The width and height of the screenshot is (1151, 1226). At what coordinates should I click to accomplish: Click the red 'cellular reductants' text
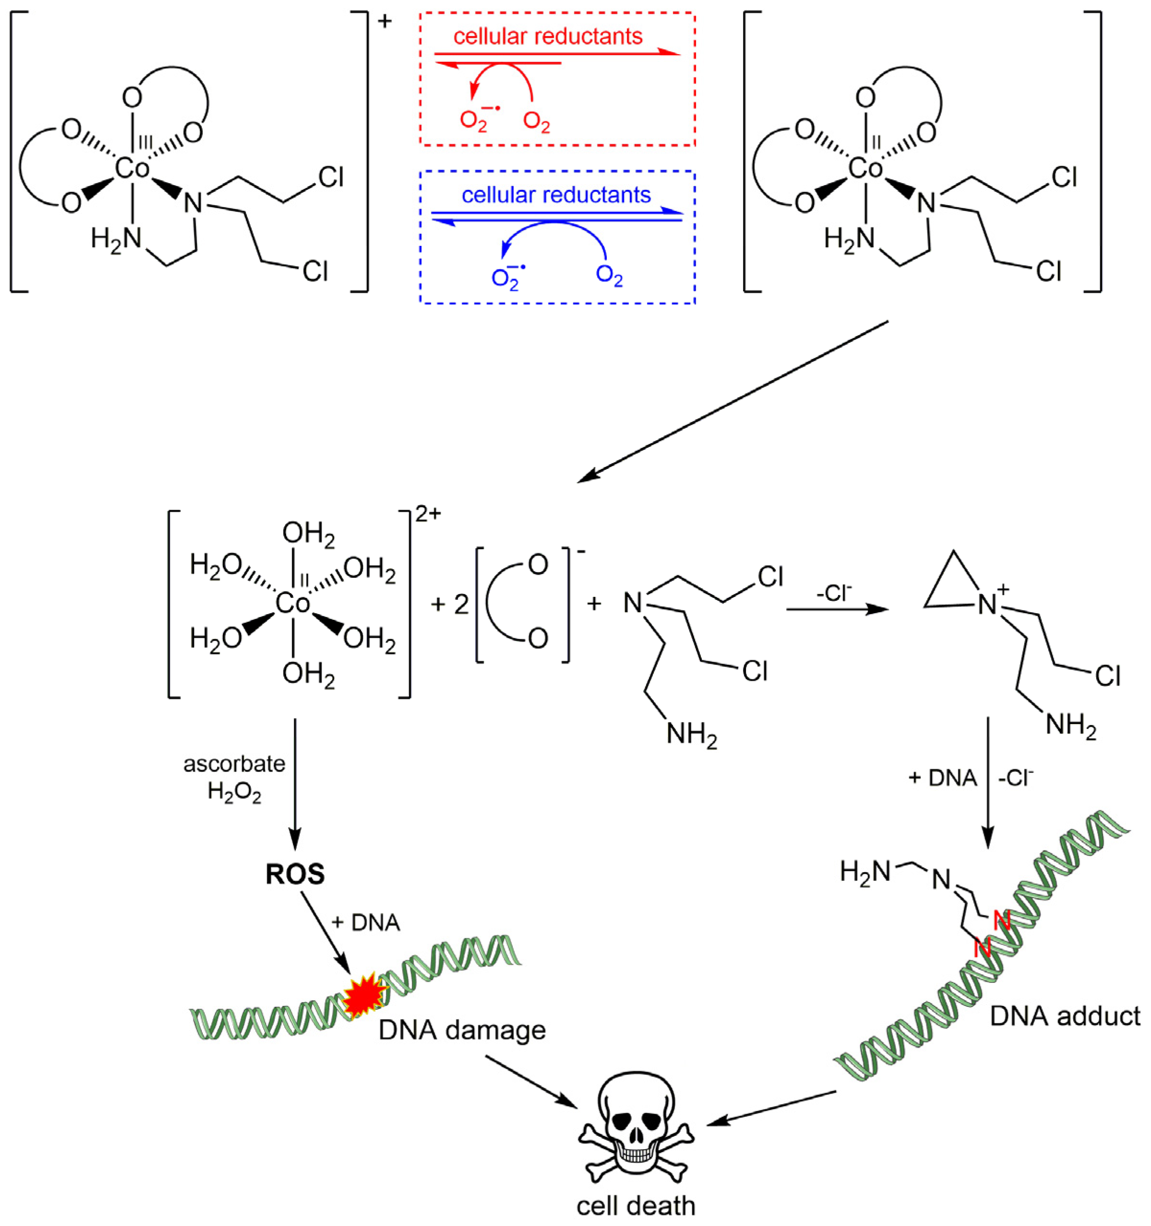(x=547, y=36)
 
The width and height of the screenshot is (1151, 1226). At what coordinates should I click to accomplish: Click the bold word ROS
(x=295, y=874)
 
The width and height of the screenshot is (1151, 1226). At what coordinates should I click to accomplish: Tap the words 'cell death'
(x=636, y=1206)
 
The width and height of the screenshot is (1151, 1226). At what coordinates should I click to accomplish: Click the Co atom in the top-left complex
(x=132, y=168)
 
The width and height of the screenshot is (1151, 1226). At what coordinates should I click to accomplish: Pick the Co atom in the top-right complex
(x=866, y=168)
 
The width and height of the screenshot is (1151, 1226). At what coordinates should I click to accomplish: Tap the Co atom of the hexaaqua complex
(x=293, y=603)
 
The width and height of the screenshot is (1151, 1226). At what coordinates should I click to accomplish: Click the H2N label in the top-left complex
(x=116, y=237)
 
